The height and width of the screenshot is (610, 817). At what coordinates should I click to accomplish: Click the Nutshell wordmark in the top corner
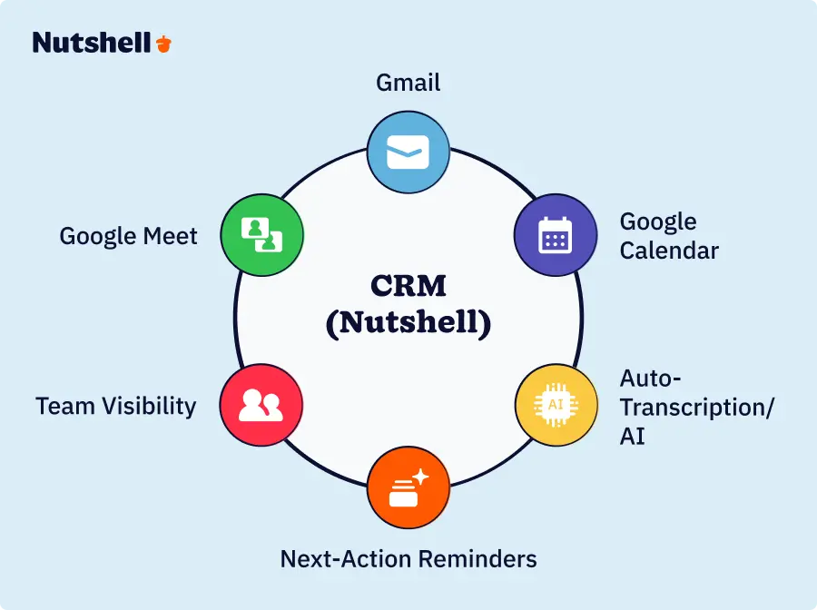pos(91,43)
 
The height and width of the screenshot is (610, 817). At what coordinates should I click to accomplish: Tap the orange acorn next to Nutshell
pos(163,43)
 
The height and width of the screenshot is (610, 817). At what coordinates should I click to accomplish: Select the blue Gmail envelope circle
pos(408,152)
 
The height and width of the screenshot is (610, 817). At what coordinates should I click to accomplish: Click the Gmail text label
pos(408,83)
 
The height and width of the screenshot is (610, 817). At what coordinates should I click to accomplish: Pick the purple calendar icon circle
pos(555,234)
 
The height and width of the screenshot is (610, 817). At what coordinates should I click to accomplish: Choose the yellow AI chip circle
pos(556,404)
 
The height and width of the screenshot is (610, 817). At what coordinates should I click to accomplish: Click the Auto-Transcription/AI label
pos(695,406)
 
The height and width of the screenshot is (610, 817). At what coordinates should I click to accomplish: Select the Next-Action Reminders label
pos(408,558)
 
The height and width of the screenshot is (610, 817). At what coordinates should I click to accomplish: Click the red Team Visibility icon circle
pos(261,405)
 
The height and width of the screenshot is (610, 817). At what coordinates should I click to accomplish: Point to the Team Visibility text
pos(116,406)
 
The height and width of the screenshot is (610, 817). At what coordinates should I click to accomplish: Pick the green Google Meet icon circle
pos(261,234)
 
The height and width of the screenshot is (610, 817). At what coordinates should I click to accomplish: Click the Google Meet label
pos(128,236)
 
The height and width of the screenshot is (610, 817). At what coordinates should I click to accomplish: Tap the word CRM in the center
pos(408,285)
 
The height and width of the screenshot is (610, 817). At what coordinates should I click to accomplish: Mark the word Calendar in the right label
pos(668,251)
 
